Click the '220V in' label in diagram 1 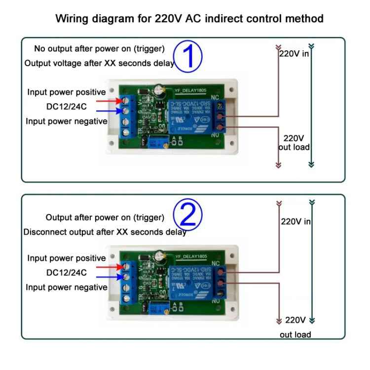point(295,53)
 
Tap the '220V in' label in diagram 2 point(296,222)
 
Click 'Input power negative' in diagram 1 point(67,121)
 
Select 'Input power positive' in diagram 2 point(67,258)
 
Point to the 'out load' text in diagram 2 point(295,334)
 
